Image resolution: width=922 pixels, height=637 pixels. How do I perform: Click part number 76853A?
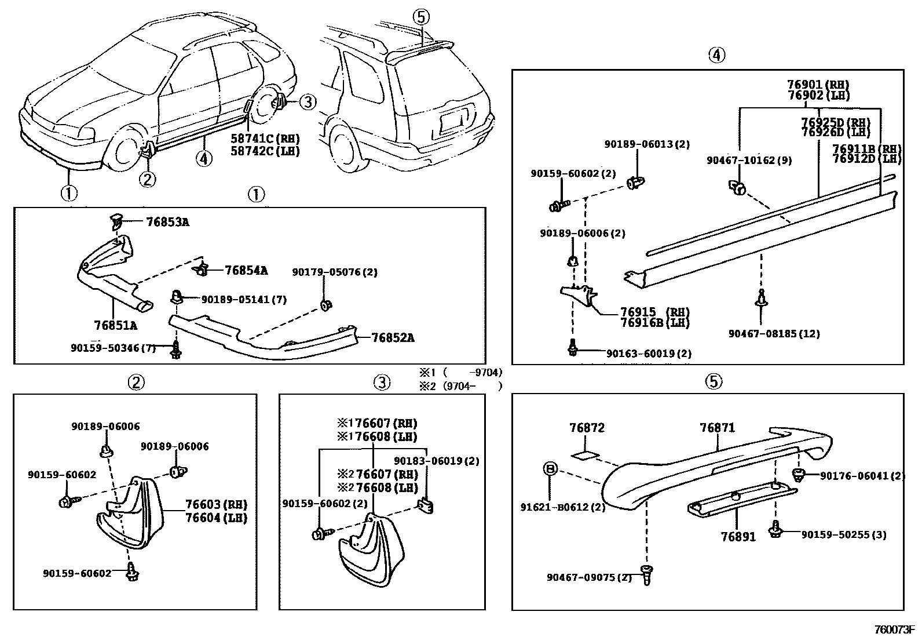(168, 222)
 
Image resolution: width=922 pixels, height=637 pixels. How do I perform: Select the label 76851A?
(116, 326)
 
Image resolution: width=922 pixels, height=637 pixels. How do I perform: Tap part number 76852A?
(393, 338)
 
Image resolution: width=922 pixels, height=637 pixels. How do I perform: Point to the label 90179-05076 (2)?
(335, 272)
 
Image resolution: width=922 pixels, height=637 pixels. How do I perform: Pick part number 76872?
(587, 428)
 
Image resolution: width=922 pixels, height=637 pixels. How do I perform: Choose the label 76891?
(738, 537)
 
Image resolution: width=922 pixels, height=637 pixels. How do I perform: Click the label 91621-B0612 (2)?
(563, 507)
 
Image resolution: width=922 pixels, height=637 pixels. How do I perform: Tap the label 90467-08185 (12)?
(774, 333)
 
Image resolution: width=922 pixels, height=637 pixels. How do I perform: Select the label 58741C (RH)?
(265, 139)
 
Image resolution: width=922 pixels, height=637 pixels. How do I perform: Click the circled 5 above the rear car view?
(420, 17)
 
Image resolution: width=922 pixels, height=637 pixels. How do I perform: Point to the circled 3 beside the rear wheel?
(308, 101)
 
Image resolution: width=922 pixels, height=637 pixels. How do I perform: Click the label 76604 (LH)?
(217, 518)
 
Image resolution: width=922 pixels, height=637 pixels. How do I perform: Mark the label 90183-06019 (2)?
(437, 461)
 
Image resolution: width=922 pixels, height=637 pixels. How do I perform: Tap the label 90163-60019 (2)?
(649, 353)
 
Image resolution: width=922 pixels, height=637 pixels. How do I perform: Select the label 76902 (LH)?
(819, 95)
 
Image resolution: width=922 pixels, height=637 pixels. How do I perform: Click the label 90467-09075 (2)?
(589, 577)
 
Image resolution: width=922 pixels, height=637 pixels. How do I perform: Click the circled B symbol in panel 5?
(550, 468)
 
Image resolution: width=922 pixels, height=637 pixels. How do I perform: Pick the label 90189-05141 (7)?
(244, 299)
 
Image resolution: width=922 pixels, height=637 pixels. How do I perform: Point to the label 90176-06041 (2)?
(863, 475)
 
